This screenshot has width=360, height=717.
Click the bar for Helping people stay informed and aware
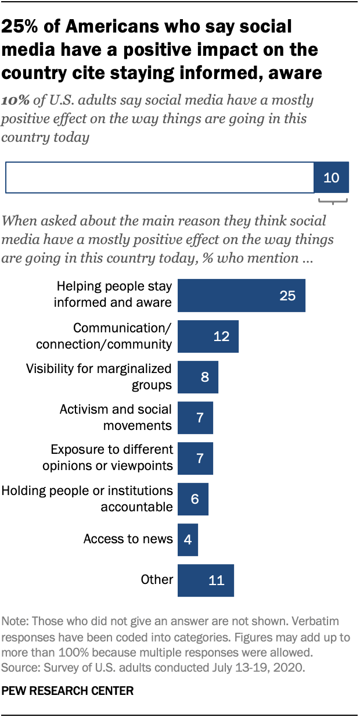241,296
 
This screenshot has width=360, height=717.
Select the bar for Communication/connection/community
208,336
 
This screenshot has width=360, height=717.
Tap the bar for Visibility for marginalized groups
197,377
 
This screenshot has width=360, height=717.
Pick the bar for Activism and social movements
195,418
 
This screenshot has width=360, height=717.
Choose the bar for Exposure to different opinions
195,458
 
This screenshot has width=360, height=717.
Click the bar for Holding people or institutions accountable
193,499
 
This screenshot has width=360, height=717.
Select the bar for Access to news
188,539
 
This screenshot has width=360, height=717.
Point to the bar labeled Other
206,580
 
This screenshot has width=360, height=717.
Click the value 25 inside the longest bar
287,296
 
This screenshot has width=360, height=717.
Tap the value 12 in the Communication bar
221,336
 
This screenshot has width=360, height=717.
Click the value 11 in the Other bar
216,580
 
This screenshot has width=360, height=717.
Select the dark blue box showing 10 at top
331,177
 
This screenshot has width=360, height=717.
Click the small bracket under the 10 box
333,201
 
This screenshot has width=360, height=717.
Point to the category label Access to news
128,539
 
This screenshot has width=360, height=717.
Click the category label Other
157,580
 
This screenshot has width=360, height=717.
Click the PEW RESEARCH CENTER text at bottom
67,691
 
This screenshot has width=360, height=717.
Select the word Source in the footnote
18,665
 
